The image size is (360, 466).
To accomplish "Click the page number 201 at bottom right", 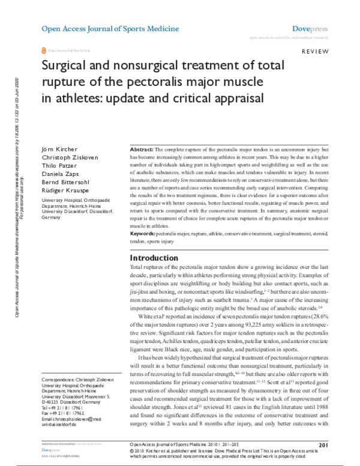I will coord(322,445).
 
